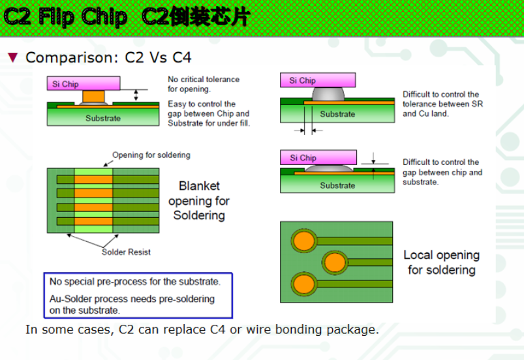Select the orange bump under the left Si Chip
point(93,97)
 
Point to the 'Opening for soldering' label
point(151,155)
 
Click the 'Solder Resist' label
point(126,252)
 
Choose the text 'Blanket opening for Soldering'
point(199,200)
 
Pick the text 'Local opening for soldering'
point(441,262)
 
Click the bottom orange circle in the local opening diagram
point(303,284)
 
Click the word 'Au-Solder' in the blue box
point(72,299)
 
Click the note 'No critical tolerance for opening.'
point(204,84)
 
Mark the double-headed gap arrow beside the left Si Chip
point(136,95)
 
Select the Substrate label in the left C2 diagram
point(103,118)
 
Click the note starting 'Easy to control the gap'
point(208,113)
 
